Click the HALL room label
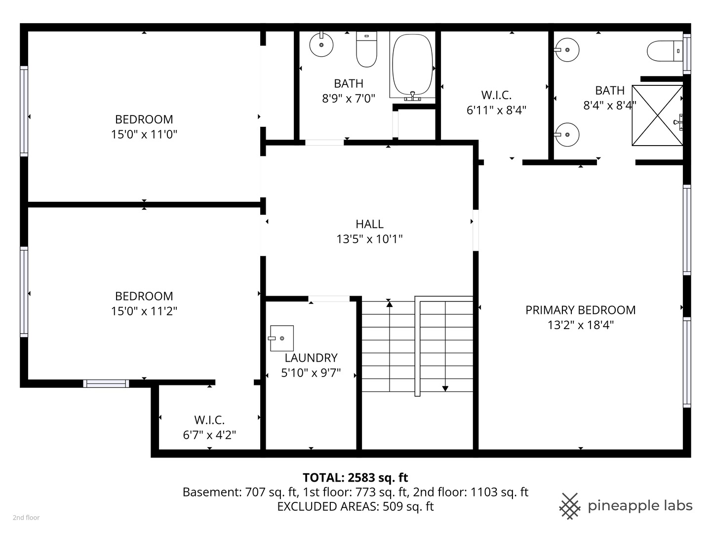(369, 224)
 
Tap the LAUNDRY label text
(311, 358)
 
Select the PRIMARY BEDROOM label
(580, 310)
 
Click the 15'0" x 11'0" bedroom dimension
(144, 134)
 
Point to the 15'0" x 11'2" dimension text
(144, 311)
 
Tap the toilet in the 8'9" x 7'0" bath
(366, 49)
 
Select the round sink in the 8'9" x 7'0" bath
(321, 45)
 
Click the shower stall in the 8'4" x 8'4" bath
(657, 115)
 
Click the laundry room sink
(281, 338)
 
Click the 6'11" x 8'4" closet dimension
(496, 110)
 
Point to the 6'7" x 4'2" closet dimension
(209, 435)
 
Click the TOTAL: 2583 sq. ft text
(355, 477)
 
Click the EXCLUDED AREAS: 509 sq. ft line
(355, 506)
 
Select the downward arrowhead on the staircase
(445, 388)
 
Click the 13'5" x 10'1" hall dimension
(369, 239)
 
